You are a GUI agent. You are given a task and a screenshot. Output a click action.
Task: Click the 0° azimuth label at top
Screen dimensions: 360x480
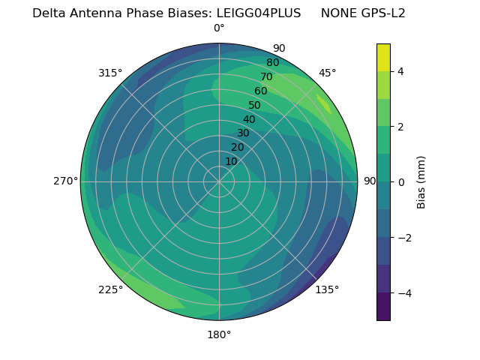point(219,28)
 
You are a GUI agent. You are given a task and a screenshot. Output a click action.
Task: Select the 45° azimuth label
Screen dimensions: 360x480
point(327,73)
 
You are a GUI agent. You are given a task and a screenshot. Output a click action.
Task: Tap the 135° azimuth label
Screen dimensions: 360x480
point(327,289)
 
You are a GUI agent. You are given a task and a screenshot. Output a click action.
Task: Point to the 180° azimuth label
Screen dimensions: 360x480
point(219,334)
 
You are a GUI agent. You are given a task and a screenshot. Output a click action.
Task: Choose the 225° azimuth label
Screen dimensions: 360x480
point(110,289)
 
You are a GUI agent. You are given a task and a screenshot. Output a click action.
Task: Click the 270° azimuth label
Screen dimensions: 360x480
point(66,181)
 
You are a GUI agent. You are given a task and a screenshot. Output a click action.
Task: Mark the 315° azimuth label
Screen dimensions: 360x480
point(110,73)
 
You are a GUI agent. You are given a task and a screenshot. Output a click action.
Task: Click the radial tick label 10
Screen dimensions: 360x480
point(231,161)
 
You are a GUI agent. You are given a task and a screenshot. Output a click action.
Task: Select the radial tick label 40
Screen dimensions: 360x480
point(249,119)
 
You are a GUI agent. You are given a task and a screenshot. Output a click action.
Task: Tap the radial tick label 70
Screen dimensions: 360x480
point(266,76)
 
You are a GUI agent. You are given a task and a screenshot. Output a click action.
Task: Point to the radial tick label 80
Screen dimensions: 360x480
point(272,62)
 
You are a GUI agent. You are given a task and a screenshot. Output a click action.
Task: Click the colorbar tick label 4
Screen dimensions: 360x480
point(401,71)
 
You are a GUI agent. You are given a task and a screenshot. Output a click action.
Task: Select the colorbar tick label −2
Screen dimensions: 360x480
point(404,238)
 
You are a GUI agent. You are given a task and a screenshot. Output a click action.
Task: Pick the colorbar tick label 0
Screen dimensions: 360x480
point(401,182)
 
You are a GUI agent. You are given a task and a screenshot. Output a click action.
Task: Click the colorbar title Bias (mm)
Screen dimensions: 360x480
point(421,181)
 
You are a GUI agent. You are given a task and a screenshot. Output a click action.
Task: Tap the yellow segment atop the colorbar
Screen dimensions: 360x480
point(383,58)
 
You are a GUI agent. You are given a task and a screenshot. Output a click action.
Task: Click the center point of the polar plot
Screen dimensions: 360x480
point(219,181)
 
